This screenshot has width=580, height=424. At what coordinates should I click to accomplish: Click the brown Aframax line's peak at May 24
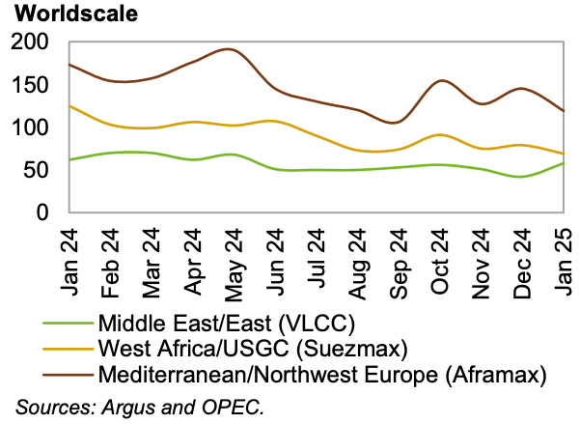click(x=228, y=49)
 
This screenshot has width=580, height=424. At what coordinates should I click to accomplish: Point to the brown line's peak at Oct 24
click(x=441, y=81)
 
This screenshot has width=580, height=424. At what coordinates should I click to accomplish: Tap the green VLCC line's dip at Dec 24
click(x=522, y=177)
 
